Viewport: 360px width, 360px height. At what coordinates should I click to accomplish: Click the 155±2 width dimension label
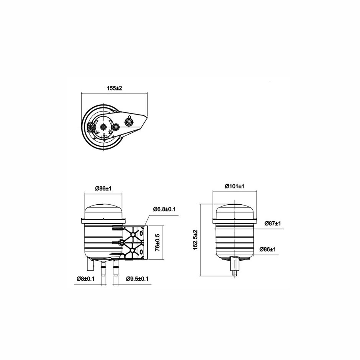(x=114, y=88)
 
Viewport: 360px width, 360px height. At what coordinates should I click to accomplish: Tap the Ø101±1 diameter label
(x=234, y=186)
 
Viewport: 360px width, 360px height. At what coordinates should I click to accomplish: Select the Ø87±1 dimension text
(x=273, y=223)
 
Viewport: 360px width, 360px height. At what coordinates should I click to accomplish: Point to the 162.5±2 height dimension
(x=195, y=240)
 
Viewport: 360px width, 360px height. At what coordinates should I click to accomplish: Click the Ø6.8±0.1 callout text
(x=164, y=209)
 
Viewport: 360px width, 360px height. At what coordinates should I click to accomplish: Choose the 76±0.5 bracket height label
(x=158, y=242)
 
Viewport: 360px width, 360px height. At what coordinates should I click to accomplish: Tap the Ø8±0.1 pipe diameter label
(x=85, y=279)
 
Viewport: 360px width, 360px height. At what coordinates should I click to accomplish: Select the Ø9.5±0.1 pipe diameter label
(x=137, y=279)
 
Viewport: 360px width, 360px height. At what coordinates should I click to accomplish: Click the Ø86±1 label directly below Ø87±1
(x=268, y=249)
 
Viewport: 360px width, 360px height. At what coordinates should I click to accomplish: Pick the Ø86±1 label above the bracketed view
(x=103, y=189)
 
